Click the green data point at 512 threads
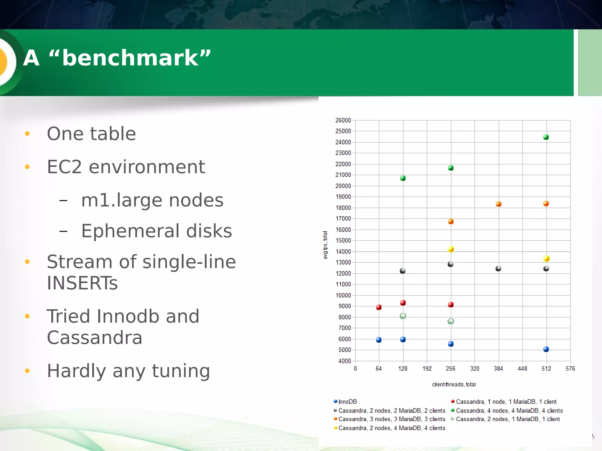tap(546, 137)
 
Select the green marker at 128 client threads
tap(403, 178)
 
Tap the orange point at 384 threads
tap(498, 204)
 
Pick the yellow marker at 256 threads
tap(451, 249)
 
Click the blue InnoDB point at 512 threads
tap(546, 349)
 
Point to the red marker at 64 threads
tap(379, 307)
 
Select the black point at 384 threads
tap(498, 269)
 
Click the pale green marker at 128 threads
tap(403, 316)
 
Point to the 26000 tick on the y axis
tap(343, 120)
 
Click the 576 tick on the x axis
tap(570, 368)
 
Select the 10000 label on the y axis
tap(343, 295)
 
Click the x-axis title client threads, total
tap(454, 385)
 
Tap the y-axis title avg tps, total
tap(325, 245)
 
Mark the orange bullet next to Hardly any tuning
tap(27, 371)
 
